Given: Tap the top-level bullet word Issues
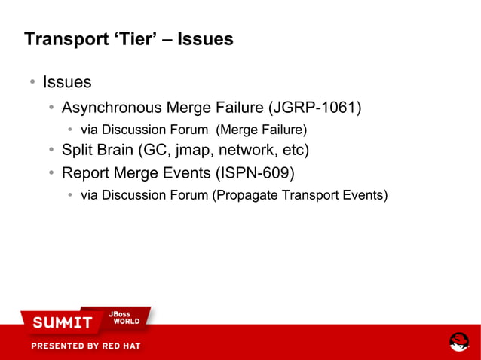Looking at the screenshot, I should (x=67, y=81).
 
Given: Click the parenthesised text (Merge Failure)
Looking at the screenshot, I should (x=262, y=129).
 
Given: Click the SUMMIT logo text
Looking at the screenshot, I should (x=62, y=323).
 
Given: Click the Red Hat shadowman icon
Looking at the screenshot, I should (x=459, y=341).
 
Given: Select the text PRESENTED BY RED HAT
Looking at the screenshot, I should (x=85, y=346).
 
